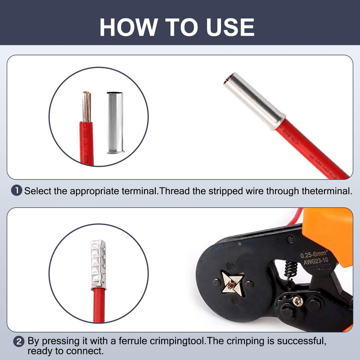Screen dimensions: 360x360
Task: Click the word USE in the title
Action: [x=230, y=27]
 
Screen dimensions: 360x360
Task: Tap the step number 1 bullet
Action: [x=17, y=190]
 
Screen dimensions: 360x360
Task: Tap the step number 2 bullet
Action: [x=19, y=342]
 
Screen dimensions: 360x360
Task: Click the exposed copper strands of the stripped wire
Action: [x=87, y=107]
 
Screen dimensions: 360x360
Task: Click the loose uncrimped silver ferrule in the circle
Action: [x=115, y=123]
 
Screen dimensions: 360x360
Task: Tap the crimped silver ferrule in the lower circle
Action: [x=99, y=264]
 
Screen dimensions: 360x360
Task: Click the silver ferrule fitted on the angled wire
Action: [x=254, y=101]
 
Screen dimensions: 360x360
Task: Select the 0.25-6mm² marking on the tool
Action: [x=314, y=254]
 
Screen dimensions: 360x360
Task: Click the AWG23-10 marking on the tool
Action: [x=316, y=261]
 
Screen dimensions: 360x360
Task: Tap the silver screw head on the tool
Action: [x=298, y=301]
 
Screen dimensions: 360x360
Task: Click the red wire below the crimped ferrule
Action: [x=99, y=306]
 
